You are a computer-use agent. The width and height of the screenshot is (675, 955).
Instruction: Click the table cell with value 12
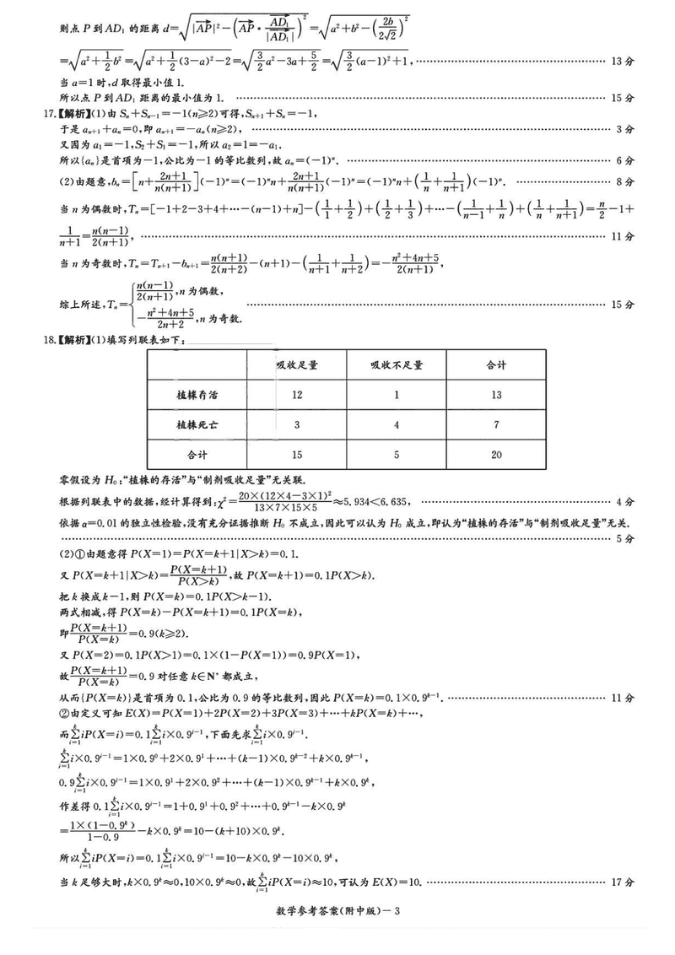click(x=297, y=394)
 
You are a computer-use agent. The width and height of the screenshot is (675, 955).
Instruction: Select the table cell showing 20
click(x=496, y=455)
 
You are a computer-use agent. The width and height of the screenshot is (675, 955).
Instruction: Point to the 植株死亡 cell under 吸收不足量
click(x=396, y=424)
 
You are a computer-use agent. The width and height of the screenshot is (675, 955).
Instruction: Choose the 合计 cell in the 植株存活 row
click(x=496, y=394)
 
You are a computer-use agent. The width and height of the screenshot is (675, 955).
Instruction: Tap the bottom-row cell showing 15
click(x=297, y=455)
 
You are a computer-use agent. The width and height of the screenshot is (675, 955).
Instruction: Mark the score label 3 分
click(x=624, y=129)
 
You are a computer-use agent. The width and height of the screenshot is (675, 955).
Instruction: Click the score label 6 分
click(x=624, y=160)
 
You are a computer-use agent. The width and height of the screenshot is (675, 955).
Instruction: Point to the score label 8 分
click(x=624, y=181)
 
